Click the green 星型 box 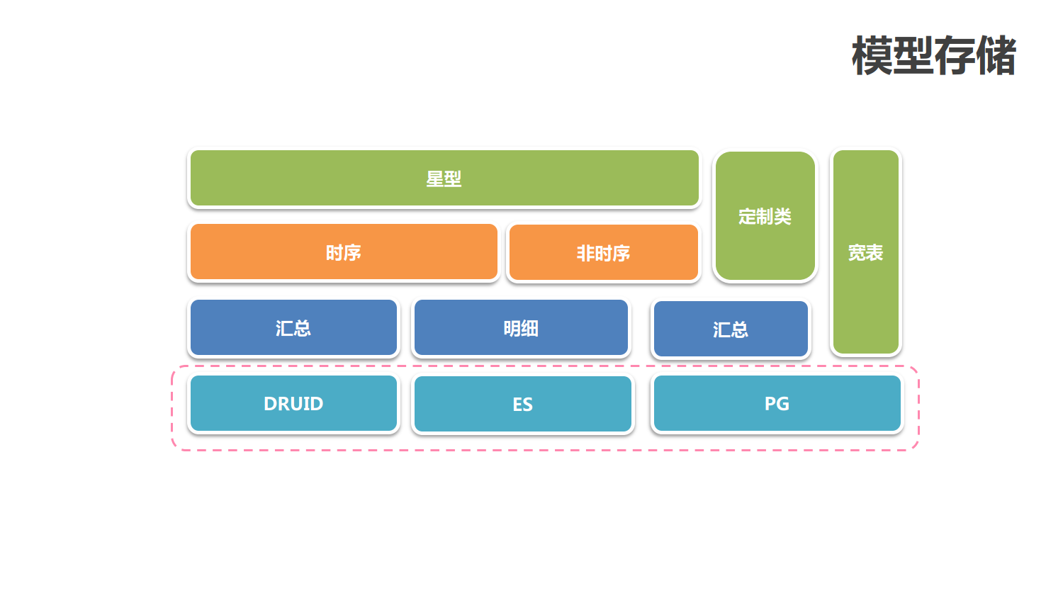click(444, 178)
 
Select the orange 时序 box click(344, 252)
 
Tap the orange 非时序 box click(603, 253)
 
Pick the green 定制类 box click(765, 216)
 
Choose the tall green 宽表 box click(865, 252)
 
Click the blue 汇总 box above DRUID click(293, 328)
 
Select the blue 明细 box click(521, 328)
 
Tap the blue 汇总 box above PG click(731, 329)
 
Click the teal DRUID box click(293, 403)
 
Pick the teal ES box click(522, 404)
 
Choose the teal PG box click(777, 403)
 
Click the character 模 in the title click(872, 56)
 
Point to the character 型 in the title click(913, 56)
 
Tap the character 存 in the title click(954, 56)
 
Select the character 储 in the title click(996, 56)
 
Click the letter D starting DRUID click(270, 404)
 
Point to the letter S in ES click(528, 405)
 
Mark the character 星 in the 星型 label click(434, 179)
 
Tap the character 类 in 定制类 click(782, 216)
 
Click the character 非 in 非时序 click(585, 253)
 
